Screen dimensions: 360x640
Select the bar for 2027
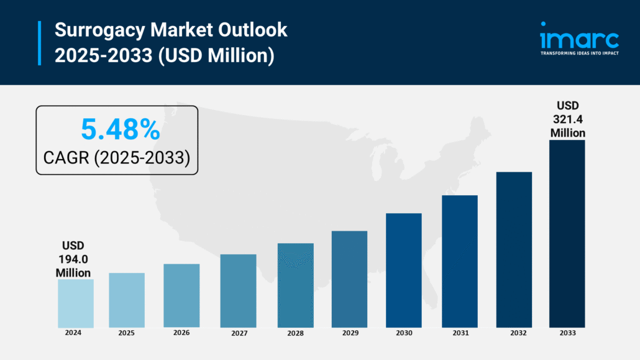238,290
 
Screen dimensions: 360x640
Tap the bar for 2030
403,270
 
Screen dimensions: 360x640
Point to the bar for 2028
295,285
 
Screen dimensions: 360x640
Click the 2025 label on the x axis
126,333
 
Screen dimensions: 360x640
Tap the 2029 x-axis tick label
350,333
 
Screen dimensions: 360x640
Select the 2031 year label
460,333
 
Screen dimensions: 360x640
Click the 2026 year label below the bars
181,333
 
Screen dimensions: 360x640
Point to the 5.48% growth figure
121,129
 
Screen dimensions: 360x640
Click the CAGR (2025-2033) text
116,157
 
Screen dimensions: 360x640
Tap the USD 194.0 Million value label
73,259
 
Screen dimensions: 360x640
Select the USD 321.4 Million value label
567,119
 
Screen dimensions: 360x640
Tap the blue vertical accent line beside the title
40,42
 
